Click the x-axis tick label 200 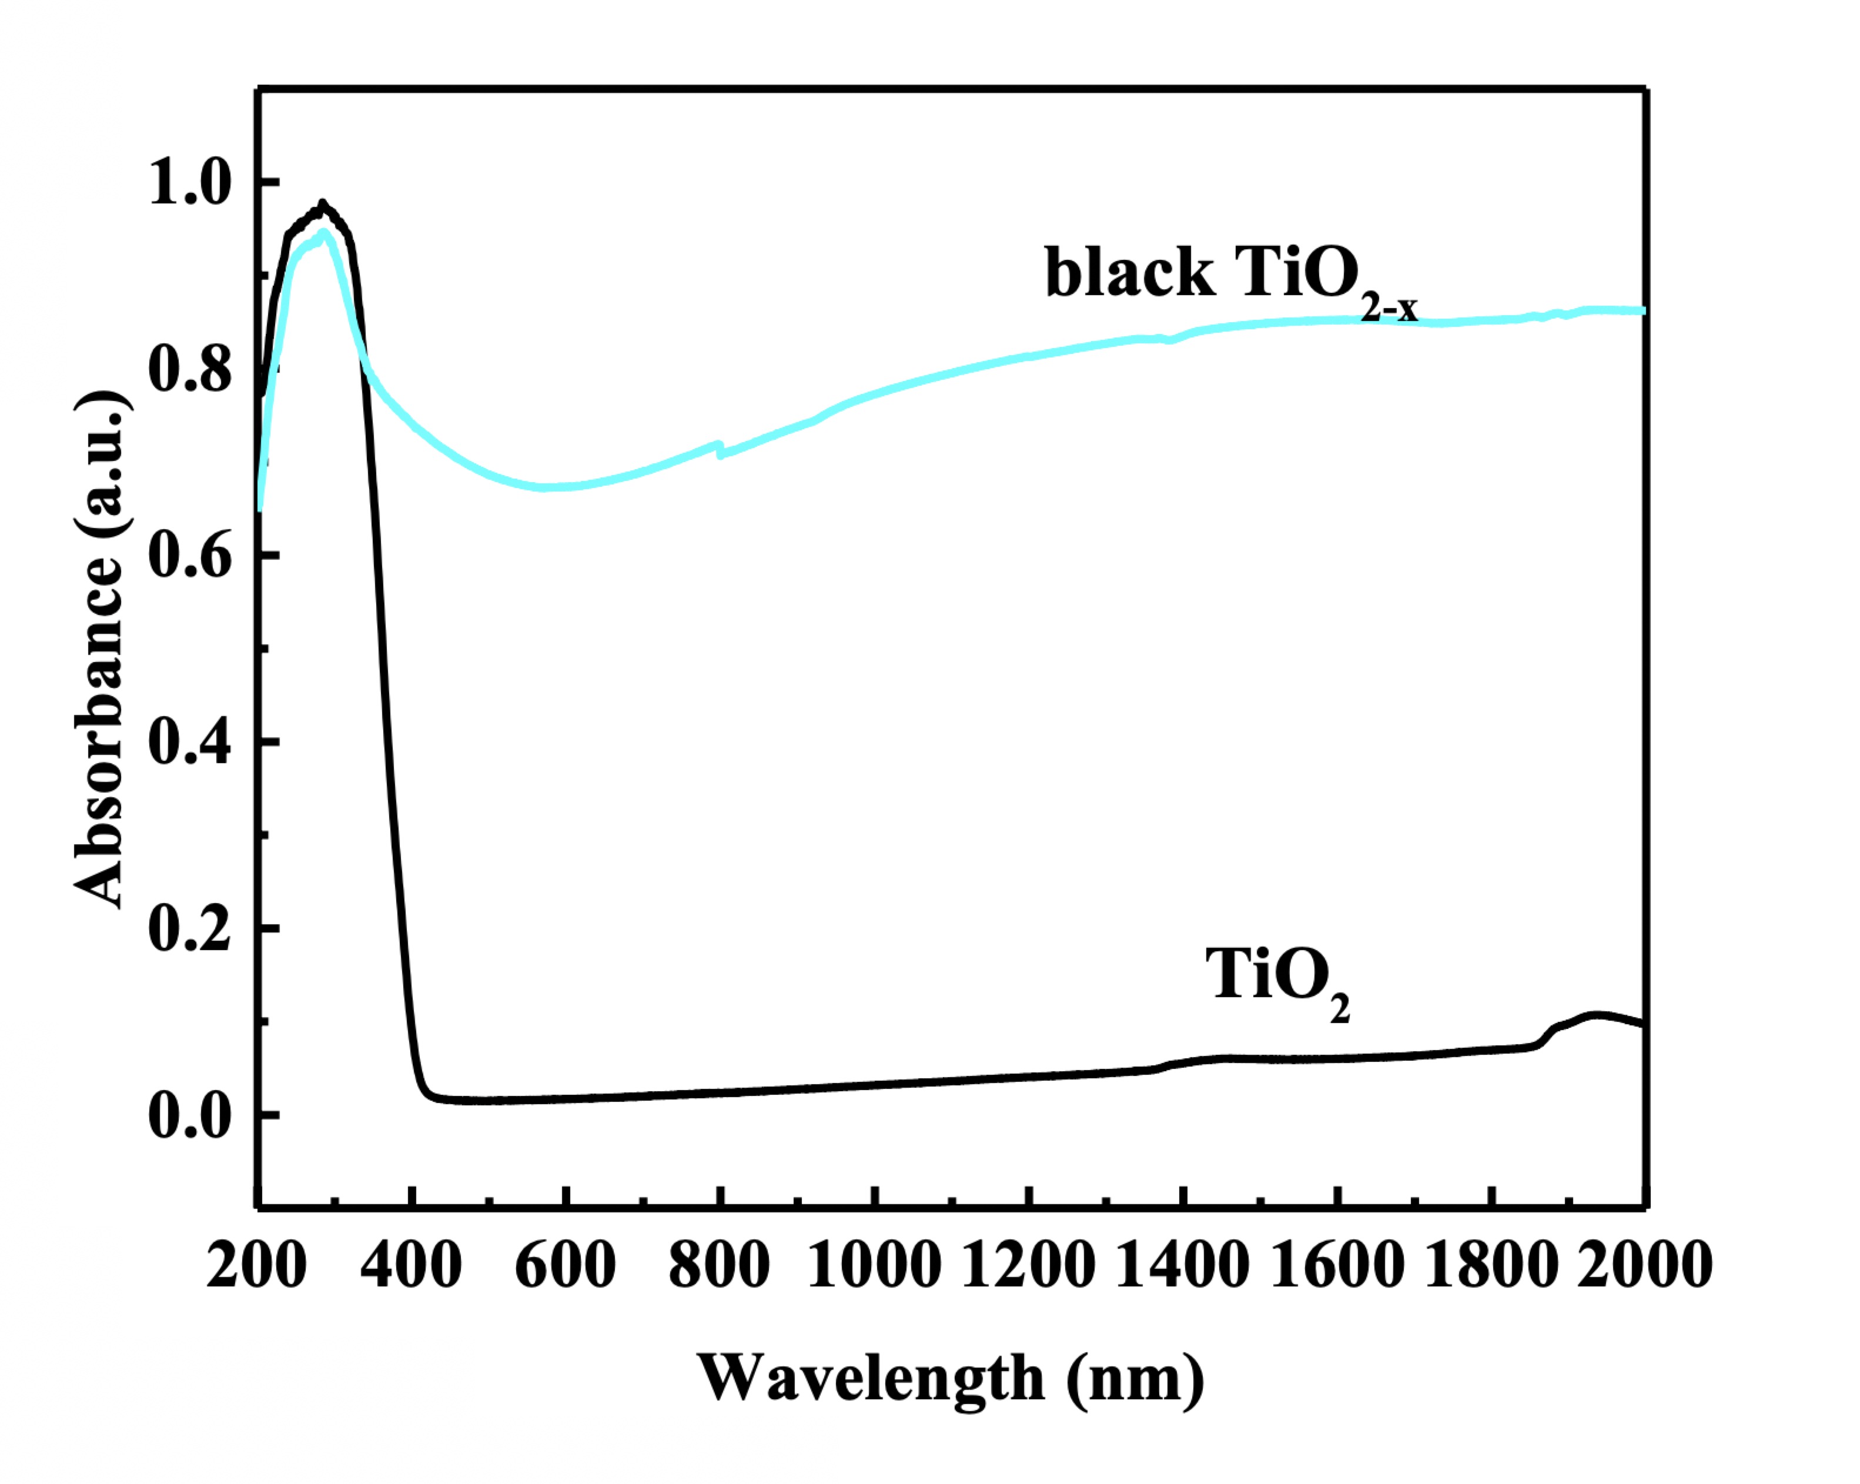pos(256,1266)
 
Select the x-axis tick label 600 pos(565,1266)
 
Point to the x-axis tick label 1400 pos(1182,1266)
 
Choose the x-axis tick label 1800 pos(1491,1266)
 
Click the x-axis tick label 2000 pos(1644,1266)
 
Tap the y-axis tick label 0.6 pos(190,556)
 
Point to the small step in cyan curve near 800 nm pos(718,448)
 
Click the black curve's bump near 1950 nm pos(1596,1015)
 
